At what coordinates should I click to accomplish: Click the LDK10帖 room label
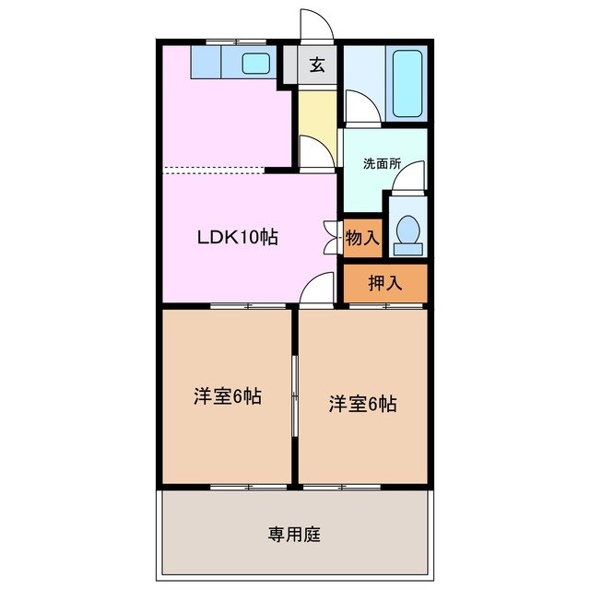(x=237, y=236)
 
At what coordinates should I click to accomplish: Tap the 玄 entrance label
(x=316, y=65)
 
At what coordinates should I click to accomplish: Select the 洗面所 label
(x=383, y=162)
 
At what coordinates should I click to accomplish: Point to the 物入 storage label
(x=362, y=238)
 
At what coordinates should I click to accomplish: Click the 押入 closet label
(x=385, y=283)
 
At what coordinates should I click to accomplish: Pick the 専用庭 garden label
(x=295, y=534)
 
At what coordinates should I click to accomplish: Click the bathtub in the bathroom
(x=407, y=84)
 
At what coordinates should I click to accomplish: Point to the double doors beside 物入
(x=332, y=236)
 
